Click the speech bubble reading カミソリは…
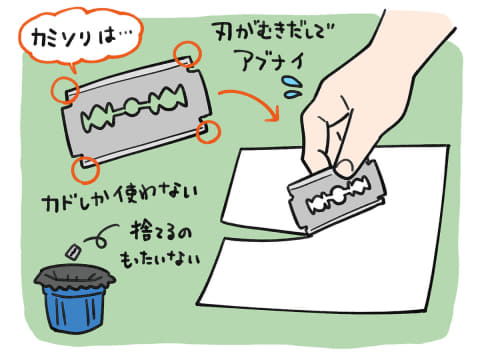tap(81, 37)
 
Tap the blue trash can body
tap(74, 308)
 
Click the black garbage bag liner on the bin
tap(74, 278)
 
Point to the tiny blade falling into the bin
tap(73, 251)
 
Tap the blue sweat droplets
tap(293, 87)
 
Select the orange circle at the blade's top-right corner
tap(188, 55)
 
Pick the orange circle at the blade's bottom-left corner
tap(86, 170)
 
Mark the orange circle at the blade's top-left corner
tap(65, 89)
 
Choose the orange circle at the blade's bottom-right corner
tap(208, 132)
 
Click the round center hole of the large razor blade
tap(133, 107)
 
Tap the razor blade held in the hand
tap(337, 197)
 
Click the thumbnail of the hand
tap(345, 168)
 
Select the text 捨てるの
tap(161, 232)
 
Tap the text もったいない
tap(160, 258)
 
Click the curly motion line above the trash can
tap(100, 237)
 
